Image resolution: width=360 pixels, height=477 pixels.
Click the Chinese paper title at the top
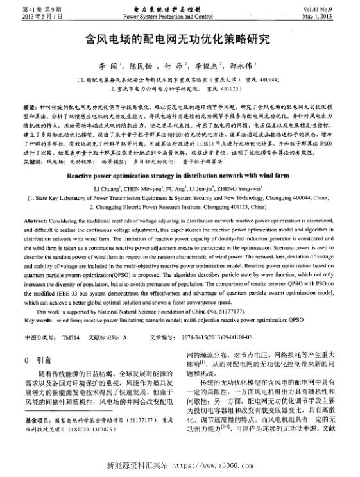pyautogui.click(x=180, y=39)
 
